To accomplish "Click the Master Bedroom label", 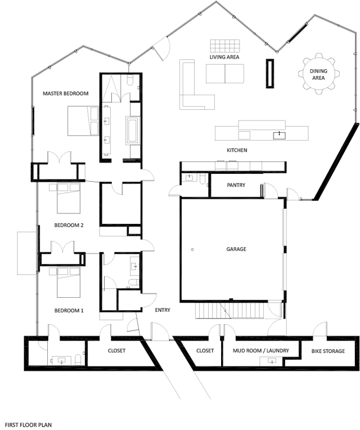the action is click(x=65, y=93).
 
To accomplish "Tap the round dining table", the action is click(x=318, y=74).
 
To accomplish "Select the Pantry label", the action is click(x=236, y=185).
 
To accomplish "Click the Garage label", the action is click(x=236, y=249).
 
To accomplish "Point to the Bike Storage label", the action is click(x=328, y=351).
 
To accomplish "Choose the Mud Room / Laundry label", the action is click(x=261, y=351).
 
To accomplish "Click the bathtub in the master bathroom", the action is click(x=133, y=130).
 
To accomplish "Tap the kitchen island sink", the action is click(x=279, y=135).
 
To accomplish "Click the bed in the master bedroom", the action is click(x=83, y=121).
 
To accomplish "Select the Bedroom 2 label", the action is click(x=69, y=226).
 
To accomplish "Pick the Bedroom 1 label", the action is click(x=69, y=311).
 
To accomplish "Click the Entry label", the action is click(x=163, y=310).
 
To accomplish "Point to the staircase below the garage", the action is click(x=230, y=311).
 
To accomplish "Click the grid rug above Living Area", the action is click(x=225, y=46).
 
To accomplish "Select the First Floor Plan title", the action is click(x=29, y=425).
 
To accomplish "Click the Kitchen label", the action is click(x=237, y=150).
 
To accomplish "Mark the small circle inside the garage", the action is click(x=192, y=249).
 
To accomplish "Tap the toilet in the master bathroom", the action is click(x=130, y=79).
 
